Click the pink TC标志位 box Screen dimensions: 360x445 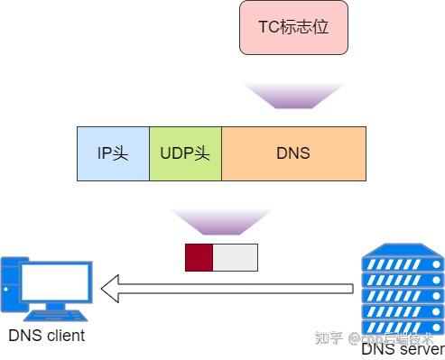[293, 27]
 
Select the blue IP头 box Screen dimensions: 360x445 [113, 152]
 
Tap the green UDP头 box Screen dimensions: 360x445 [185, 152]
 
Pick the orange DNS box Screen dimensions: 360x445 [293, 152]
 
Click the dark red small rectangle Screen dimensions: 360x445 [199, 257]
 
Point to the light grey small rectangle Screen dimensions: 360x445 [236, 257]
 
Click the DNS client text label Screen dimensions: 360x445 [47, 337]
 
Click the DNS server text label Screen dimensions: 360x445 [403, 349]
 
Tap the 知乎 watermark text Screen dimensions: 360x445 [328, 340]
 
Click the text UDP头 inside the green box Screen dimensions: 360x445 [185, 152]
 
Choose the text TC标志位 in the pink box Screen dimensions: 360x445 [293, 27]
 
